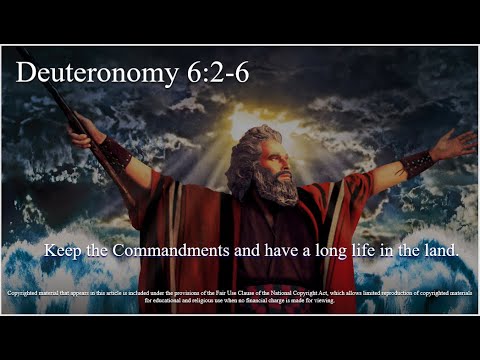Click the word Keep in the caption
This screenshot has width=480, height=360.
[62, 251]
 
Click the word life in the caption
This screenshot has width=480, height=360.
[374, 251]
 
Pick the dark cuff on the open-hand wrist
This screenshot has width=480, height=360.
[417, 161]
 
